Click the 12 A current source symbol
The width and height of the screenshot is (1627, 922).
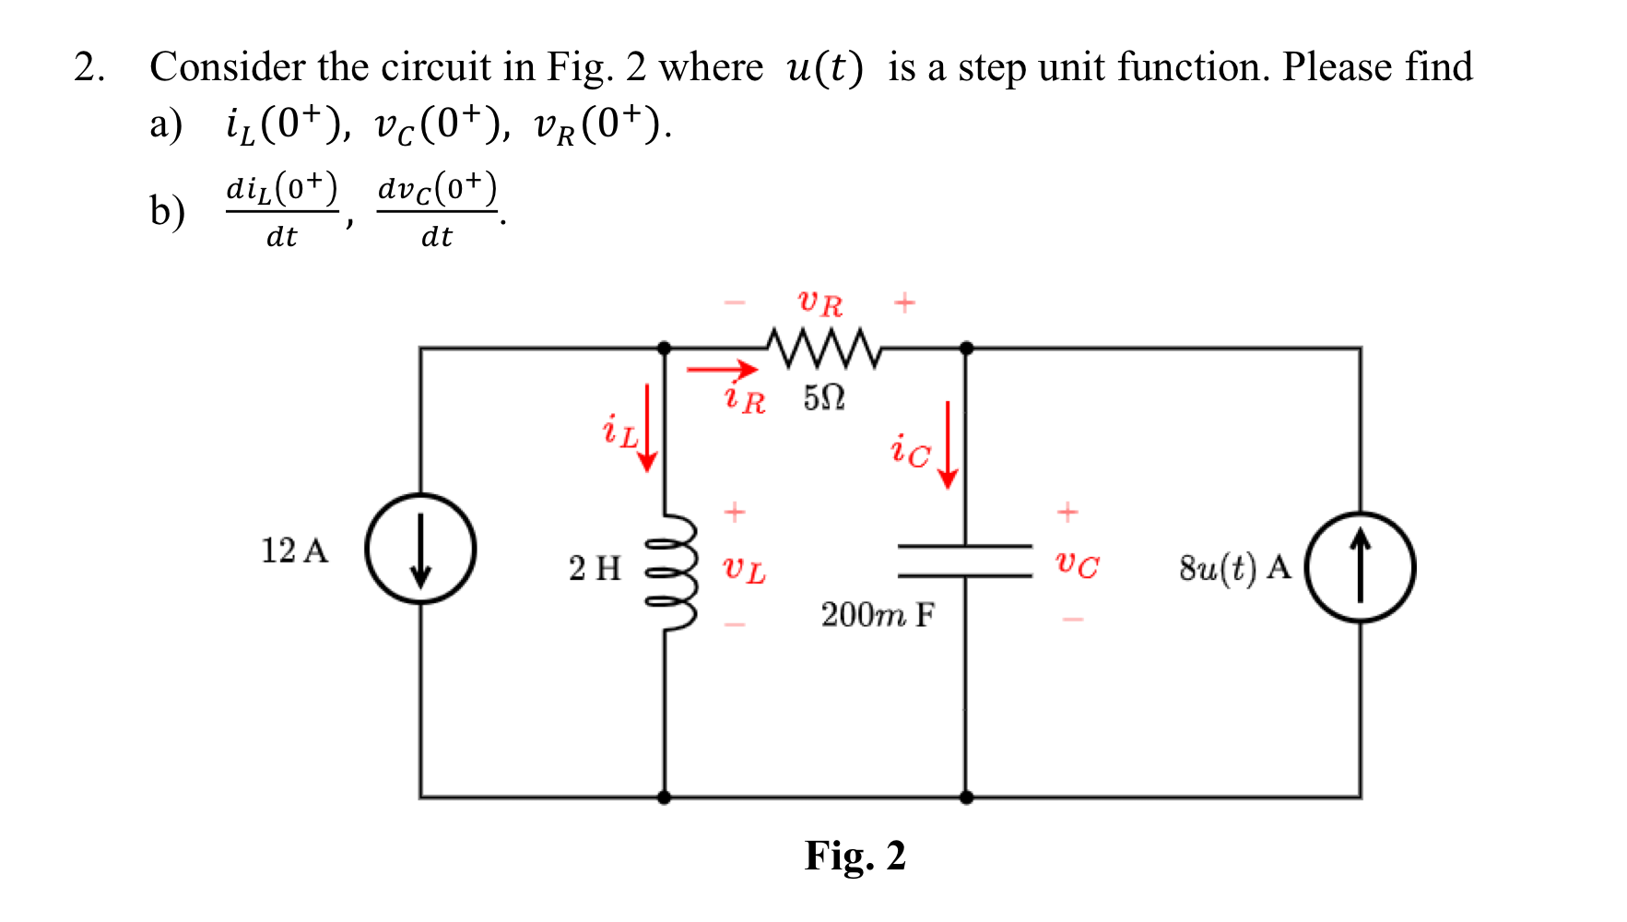coord(420,550)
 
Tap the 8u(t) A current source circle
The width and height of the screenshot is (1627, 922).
coord(1361,567)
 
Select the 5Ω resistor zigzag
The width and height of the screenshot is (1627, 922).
coord(823,348)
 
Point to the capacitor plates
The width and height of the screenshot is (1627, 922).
coord(965,561)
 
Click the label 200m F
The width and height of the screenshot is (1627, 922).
coord(878,615)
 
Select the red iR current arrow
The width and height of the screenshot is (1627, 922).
coord(722,370)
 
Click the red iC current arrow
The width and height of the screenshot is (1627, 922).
coord(947,444)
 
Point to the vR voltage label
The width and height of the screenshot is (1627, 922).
coord(819,301)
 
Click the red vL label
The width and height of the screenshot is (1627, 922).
coord(743,569)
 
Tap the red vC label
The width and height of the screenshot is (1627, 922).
coord(1077,563)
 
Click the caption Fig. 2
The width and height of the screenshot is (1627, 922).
coord(855,856)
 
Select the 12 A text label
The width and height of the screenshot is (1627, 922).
coord(294,550)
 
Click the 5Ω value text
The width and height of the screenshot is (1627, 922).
coord(823,398)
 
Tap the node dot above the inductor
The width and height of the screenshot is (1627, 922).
coord(664,348)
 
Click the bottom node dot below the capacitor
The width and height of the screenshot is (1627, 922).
coord(966,798)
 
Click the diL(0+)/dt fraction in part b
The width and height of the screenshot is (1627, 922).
coord(282,211)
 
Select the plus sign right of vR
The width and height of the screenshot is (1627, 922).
coord(904,301)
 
